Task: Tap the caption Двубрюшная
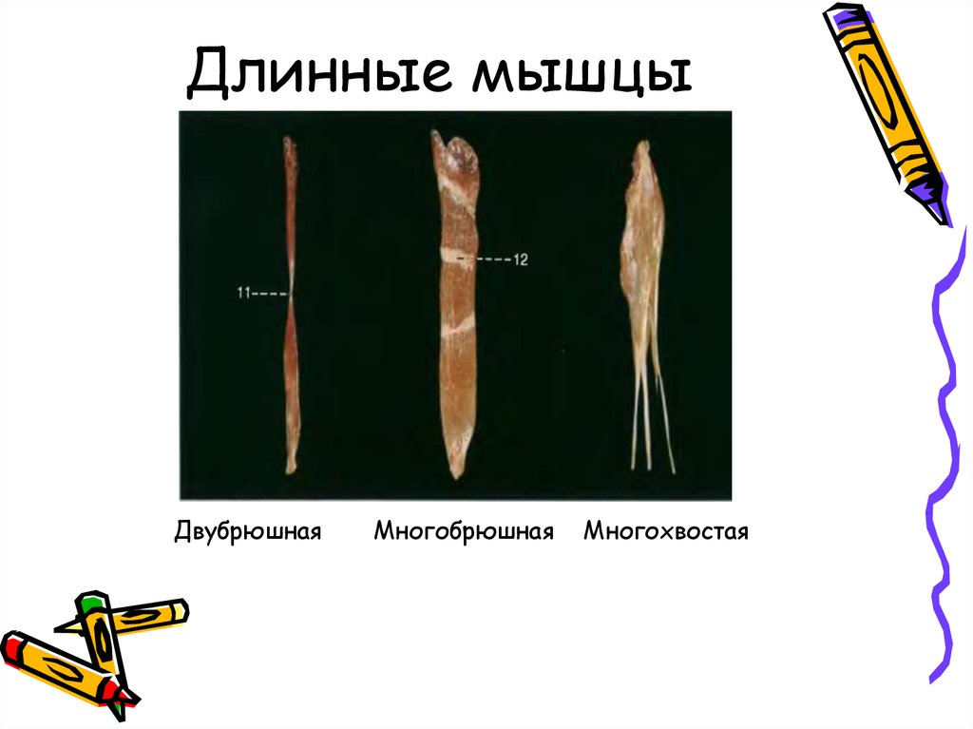pyautogui.click(x=248, y=530)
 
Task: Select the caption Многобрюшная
pyautogui.click(x=464, y=530)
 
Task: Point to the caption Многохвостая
pyautogui.click(x=666, y=530)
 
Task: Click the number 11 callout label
pyautogui.click(x=243, y=295)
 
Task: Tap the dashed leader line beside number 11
pyautogui.click(x=272, y=295)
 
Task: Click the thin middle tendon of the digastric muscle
pyautogui.click(x=292, y=295)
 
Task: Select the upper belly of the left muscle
pyautogui.click(x=291, y=209)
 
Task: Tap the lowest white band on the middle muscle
pyautogui.click(x=457, y=327)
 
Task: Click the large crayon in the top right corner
pyautogui.click(x=888, y=109)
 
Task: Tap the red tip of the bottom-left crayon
pyautogui.click(x=10, y=648)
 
